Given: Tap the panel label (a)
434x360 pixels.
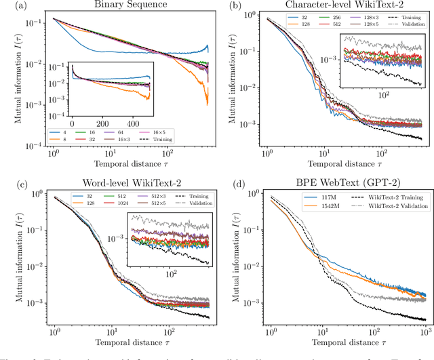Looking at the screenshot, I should click(x=10, y=6).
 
